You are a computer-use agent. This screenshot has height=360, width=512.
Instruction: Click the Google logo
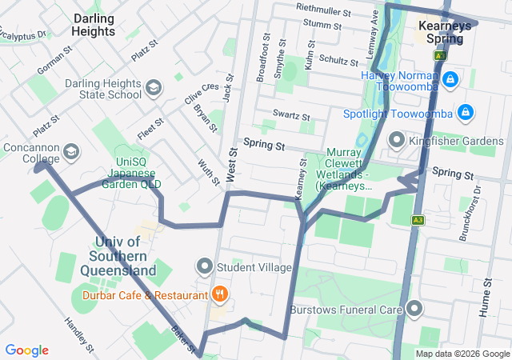tap(26, 350)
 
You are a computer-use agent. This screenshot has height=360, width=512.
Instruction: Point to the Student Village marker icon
tap(205, 265)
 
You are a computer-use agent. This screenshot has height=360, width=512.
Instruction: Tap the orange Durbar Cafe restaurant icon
tap(217, 294)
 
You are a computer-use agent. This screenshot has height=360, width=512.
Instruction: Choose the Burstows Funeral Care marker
tap(414, 308)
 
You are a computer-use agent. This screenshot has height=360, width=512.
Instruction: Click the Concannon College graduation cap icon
tap(71, 152)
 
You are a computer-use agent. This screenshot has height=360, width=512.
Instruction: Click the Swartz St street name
tap(290, 116)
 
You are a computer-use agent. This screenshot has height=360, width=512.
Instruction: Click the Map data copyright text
tap(462, 354)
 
